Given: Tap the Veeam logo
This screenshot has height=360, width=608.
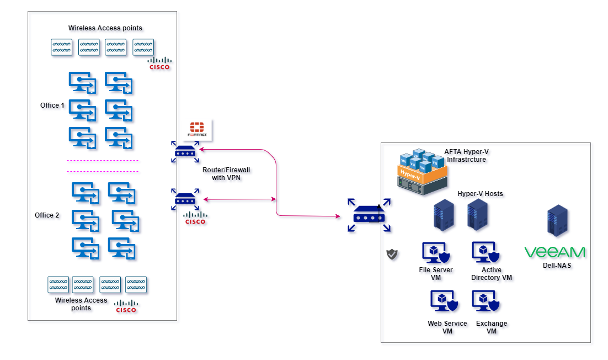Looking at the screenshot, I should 555,252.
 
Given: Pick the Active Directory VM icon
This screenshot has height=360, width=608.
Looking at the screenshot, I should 486,252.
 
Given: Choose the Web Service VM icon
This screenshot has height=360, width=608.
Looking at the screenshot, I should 443,301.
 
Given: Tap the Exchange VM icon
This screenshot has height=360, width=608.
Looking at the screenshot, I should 486,301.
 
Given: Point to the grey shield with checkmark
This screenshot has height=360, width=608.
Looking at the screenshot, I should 392,254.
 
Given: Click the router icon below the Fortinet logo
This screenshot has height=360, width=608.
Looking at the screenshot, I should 185,151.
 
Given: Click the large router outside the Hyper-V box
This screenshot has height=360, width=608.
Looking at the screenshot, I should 369,216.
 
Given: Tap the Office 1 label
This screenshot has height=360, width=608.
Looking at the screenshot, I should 52,105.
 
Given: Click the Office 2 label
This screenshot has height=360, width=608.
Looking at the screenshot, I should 47,215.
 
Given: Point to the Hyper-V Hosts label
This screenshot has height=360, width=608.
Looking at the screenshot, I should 480,194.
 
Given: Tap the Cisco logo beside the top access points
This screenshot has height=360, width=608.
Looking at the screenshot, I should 160,63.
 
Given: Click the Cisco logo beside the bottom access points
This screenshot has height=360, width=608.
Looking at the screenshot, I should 126,306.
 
